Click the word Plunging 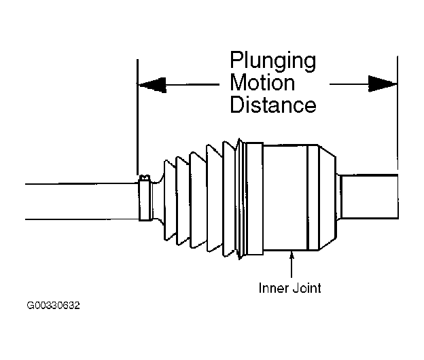coord(273,61)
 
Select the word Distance coord(273,105)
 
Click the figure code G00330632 coord(53,306)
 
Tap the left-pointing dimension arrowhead coord(152,85)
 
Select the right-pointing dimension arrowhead coord(383,84)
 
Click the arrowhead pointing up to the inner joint coord(291,255)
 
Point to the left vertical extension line coord(137,117)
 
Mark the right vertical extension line coord(397,113)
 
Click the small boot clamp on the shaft coord(145,198)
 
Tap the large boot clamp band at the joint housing coord(255,198)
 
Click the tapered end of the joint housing coord(328,198)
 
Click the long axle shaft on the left coord(82,202)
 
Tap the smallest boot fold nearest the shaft coord(170,200)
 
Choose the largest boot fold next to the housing coord(229,199)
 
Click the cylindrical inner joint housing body coord(285,198)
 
